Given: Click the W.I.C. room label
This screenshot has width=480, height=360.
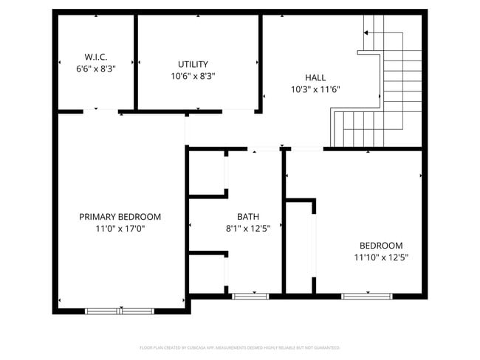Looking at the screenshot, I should (x=95, y=55).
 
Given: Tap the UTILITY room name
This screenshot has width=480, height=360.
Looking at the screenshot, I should (x=193, y=64).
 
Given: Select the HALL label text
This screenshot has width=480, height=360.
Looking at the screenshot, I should (x=315, y=77).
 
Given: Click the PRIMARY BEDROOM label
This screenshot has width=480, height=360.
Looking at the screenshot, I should (x=120, y=217).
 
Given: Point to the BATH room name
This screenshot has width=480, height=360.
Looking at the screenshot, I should (x=247, y=217).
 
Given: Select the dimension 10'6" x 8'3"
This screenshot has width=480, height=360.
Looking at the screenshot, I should (x=193, y=76).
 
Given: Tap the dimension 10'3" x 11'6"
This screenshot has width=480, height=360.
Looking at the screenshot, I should (x=315, y=89).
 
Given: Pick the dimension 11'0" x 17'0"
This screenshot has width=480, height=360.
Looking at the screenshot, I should (x=120, y=229).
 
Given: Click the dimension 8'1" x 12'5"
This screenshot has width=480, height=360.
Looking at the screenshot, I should (x=247, y=229).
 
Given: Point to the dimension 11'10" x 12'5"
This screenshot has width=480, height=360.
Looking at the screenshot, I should (x=381, y=257).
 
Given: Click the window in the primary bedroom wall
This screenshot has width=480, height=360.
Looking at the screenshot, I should (x=121, y=311).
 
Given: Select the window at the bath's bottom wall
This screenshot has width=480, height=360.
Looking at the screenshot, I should (x=250, y=297).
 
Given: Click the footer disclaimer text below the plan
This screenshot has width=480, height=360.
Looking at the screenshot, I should (x=239, y=347).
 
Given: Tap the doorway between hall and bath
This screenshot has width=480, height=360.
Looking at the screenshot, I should (x=255, y=150).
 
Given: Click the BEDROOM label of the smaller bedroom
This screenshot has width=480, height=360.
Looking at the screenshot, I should (x=381, y=246).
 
